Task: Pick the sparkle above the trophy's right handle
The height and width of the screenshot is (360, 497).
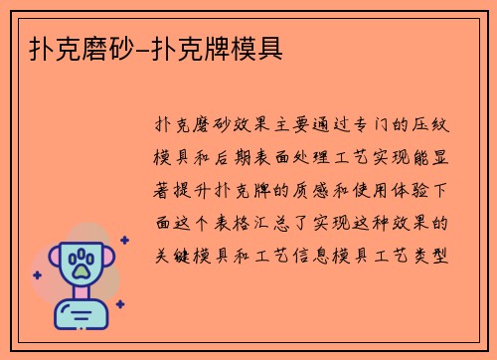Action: click(124, 241)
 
